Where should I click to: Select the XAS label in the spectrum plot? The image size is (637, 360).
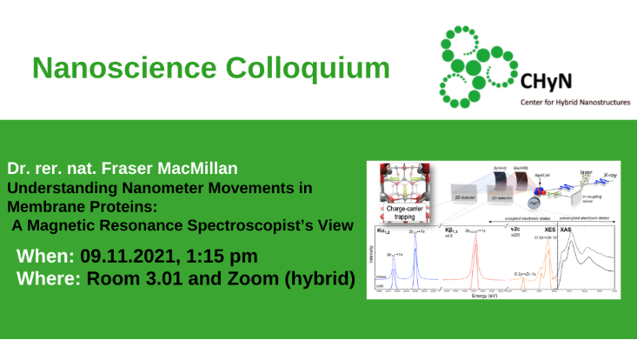click(x=566, y=230)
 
